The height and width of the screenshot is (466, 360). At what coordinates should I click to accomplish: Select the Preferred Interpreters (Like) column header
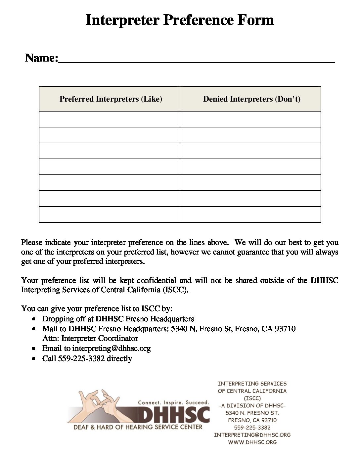point(111,99)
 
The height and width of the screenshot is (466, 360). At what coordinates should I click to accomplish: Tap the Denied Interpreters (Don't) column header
point(251,99)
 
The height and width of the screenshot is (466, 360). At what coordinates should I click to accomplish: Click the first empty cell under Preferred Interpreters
point(110,119)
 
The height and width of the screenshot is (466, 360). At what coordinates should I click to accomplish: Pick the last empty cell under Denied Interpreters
point(250,214)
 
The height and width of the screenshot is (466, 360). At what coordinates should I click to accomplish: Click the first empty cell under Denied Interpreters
point(250,119)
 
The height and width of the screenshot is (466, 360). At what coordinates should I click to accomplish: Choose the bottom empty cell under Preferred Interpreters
point(110,214)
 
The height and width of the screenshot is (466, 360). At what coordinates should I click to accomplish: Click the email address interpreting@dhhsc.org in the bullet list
point(112,349)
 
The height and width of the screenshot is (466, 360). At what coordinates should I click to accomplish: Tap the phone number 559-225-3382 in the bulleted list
point(81,358)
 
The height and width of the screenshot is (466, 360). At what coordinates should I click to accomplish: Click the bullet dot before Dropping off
point(34,319)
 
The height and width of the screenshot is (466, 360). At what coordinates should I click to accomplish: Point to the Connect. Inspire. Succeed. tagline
point(173,402)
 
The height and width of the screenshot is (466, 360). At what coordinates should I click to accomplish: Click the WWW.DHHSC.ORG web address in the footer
point(252,442)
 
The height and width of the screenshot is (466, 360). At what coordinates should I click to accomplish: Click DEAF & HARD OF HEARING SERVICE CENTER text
point(138,427)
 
